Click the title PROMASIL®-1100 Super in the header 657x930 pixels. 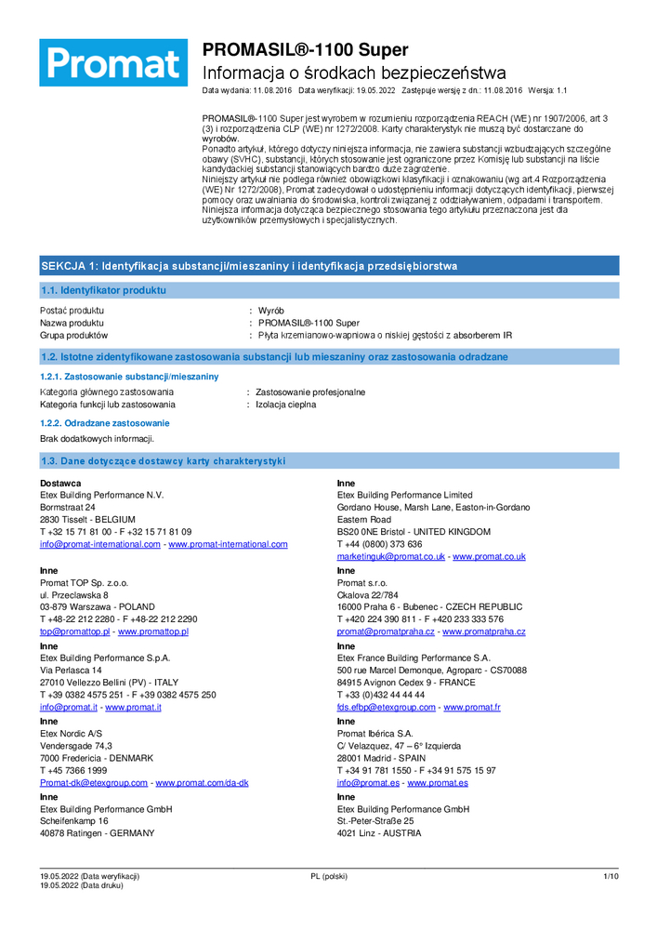(305, 50)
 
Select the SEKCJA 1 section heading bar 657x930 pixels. (328, 266)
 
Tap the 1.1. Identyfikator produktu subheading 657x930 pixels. (104, 290)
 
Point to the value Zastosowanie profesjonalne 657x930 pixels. (310, 392)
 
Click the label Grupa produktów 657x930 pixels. (74, 335)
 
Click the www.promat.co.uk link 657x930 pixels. (489, 556)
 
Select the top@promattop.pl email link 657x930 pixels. (75, 631)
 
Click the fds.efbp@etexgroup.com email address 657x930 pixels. (386, 707)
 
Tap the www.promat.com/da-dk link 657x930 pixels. (202, 783)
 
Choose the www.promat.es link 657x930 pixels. (437, 783)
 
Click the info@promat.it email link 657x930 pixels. (69, 707)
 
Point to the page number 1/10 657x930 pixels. (610, 876)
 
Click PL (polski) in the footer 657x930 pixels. (328, 876)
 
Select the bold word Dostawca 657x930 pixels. (60, 483)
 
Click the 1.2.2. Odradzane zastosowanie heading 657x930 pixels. (98, 423)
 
